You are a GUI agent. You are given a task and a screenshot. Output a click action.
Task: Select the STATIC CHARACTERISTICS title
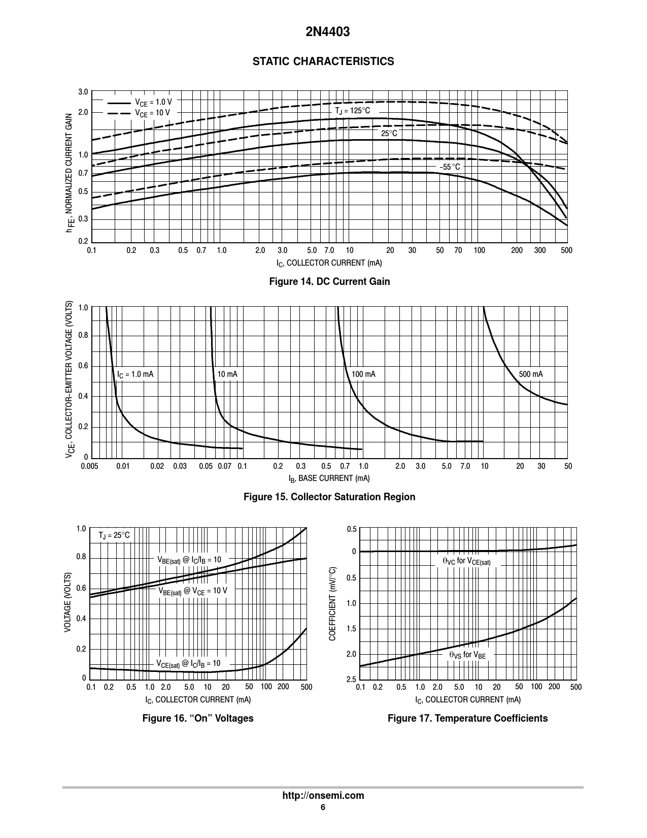(323, 61)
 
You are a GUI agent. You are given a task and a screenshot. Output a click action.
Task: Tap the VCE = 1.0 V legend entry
(153, 102)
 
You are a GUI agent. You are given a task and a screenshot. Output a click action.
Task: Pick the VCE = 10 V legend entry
(152, 113)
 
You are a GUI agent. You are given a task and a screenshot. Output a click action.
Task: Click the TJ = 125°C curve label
(352, 111)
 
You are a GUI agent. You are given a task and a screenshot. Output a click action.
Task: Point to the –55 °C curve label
(450, 167)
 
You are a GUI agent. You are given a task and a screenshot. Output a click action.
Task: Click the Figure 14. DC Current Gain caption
(329, 281)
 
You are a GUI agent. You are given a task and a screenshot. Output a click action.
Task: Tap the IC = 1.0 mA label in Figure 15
(135, 374)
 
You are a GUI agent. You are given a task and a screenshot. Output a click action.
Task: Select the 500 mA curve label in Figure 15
(531, 374)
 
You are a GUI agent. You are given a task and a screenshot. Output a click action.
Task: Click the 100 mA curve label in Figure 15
(363, 374)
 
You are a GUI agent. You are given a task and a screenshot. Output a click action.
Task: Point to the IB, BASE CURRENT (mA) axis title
(329, 478)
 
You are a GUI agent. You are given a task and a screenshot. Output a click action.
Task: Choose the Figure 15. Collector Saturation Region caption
(329, 497)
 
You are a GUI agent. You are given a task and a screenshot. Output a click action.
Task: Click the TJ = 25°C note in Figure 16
(114, 535)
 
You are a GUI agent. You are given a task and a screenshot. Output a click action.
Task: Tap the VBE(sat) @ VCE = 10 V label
(192, 591)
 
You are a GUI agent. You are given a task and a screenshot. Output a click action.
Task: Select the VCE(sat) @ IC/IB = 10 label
(188, 663)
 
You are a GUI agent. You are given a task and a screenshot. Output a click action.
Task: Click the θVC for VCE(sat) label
(466, 561)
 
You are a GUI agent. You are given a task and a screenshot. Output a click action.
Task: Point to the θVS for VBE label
(467, 655)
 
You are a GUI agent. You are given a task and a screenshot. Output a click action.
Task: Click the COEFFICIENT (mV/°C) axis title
(333, 603)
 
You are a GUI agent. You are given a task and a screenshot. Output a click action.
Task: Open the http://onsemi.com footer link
(323, 795)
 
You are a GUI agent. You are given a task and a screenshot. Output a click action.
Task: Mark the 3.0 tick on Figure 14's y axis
(83, 92)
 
